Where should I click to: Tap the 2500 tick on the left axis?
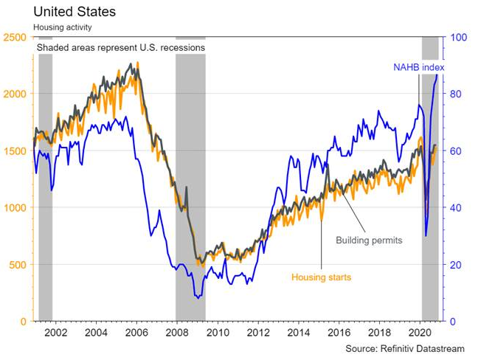tap(14, 37)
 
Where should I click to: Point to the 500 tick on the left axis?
tap(17, 265)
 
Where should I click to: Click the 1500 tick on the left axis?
tap(14, 151)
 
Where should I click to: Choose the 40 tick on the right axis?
tap(455, 208)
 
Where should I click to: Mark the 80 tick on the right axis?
tap(455, 94)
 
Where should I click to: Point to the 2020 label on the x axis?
tap(417, 333)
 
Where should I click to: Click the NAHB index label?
tap(418, 68)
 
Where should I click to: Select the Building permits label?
tap(368, 240)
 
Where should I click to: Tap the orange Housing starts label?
tap(321, 277)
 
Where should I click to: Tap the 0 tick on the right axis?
tap(452, 322)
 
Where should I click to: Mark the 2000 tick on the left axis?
tap(14, 94)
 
